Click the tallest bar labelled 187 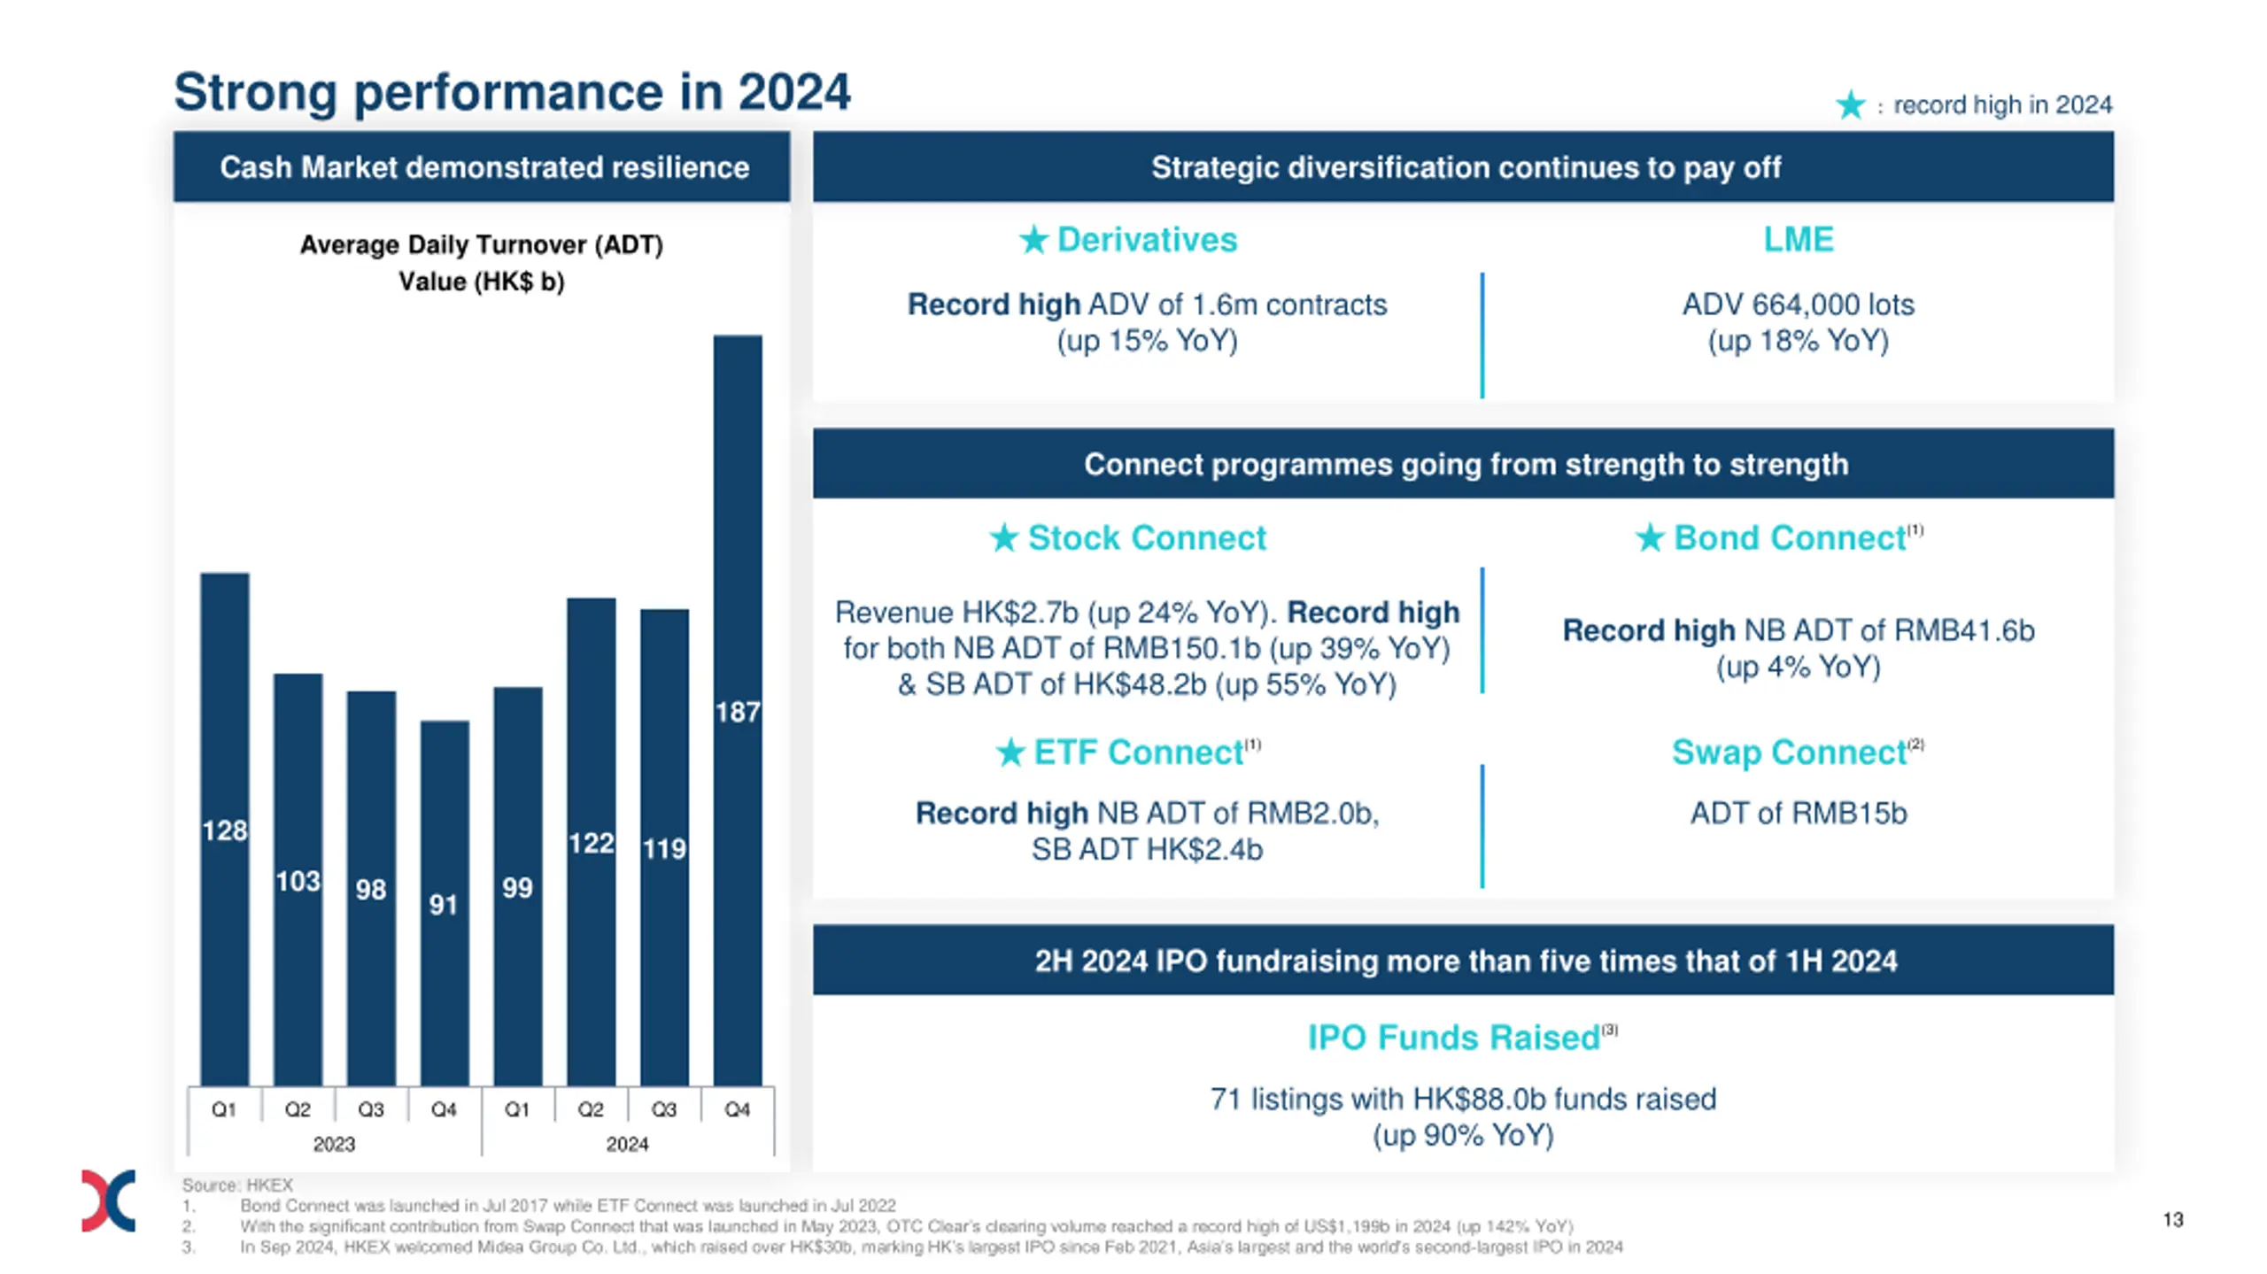click(x=737, y=708)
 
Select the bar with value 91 click(x=444, y=903)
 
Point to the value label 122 click(x=591, y=842)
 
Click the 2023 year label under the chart click(x=334, y=1144)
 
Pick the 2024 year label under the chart click(x=627, y=1144)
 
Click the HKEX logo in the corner click(x=108, y=1201)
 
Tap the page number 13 click(x=2172, y=1219)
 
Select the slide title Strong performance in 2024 click(x=512, y=91)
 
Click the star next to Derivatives click(x=1033, y=239)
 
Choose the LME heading click(x=1798, y=239)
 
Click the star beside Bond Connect click(x=1649, y=537)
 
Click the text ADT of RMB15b click(x=1798, y=813)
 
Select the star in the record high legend click(x=1850, y=105)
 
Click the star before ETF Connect click(x=1010, y=753)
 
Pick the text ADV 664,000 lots click(x=1798, y=305)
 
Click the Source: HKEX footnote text click(x=237, y=1185)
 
